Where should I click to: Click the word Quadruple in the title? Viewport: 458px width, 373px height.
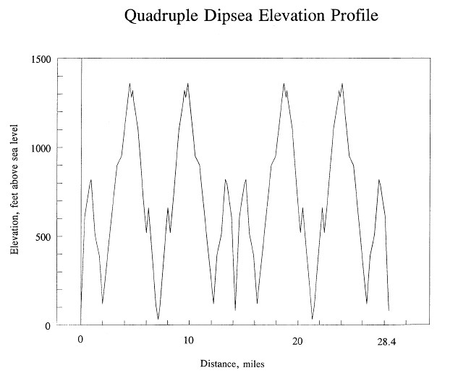coord(160,15)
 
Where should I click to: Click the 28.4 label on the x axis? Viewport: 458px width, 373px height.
coord(387,340)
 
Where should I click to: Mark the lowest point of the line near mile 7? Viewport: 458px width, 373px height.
coord(158,319)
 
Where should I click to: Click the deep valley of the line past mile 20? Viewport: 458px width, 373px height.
coord(313,319)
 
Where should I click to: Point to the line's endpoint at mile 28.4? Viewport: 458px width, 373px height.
coord(389,311)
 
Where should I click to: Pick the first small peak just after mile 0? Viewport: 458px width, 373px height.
coord(91,179)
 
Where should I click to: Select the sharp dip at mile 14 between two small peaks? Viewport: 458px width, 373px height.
coord(235,310)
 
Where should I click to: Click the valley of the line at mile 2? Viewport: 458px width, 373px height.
coord(103,304)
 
